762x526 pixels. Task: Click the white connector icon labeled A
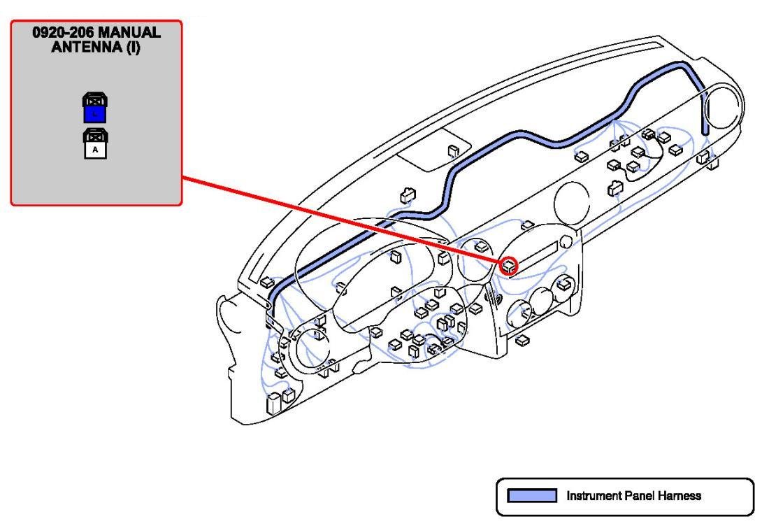94,143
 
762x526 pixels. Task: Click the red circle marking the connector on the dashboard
509,264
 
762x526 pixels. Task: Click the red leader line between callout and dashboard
343,220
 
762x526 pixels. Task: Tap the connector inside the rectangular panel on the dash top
452,150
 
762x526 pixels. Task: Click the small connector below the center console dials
521,340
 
